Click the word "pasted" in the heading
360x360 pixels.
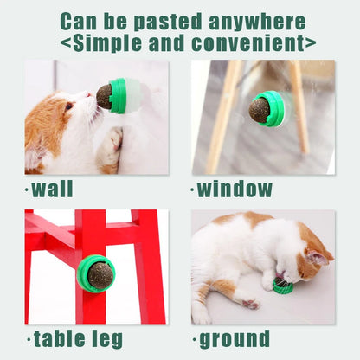168,22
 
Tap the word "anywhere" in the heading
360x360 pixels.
257,22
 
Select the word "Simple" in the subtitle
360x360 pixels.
107,44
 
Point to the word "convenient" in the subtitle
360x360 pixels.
247,42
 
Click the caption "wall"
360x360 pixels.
52,189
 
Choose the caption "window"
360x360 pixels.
235,189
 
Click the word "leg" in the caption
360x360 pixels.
107,340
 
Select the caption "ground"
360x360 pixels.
235,340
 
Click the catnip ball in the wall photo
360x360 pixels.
105,97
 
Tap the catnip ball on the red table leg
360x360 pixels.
100,274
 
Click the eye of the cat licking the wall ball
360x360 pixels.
68,107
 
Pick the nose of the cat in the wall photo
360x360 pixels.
90,94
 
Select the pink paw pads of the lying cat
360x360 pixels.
251,304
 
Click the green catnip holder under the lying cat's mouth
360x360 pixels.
283,286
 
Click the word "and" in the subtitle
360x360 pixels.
166,43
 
